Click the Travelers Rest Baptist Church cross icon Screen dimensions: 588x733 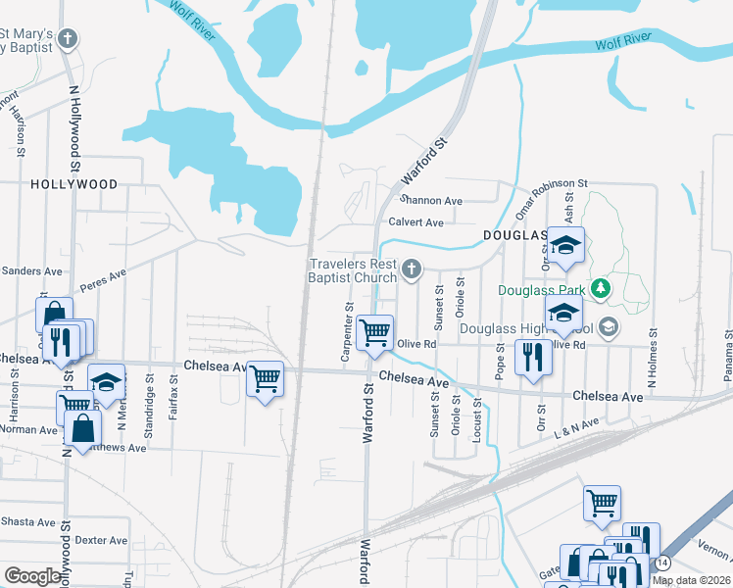point(413,269)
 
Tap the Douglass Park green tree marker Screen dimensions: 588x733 point(605,290)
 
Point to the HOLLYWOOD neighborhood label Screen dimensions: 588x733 point(73,184)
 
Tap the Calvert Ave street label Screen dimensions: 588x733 point(415,222)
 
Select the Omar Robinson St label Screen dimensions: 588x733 point(551,183)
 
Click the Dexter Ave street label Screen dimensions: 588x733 point(102,540)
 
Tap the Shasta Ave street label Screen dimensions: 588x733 point(26,522)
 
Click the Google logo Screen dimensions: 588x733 point(33,576)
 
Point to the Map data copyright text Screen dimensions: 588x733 point(691,580)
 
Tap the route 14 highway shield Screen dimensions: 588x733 point(663,563)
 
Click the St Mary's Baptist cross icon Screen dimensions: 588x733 point(67,39)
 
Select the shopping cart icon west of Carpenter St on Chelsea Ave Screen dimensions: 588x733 point(266,378)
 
